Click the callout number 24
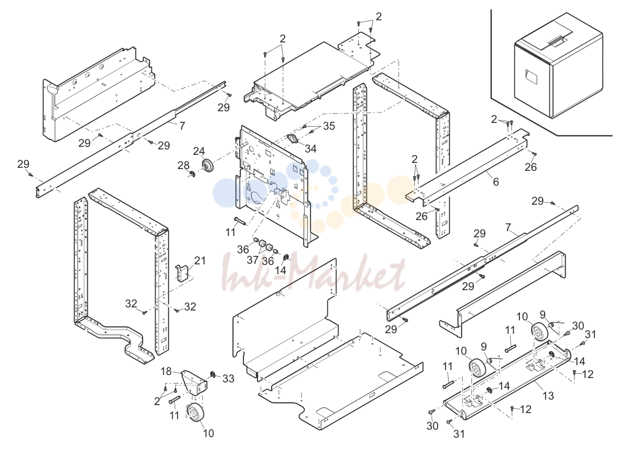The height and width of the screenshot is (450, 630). click(x=199, y=151)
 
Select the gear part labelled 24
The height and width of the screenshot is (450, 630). click(x=208, y=165)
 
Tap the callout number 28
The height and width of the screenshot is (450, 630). click(x=184, y=165)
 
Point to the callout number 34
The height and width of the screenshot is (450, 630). click(x=310, y=149)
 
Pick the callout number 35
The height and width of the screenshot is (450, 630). click(x=329, y=126)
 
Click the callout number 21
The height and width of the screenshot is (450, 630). click(x=200, y=261)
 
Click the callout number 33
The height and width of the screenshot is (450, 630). click(x=228, y=379)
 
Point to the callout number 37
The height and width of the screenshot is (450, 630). click(x=253, y=260)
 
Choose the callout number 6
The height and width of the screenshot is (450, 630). click(x=496, y=181)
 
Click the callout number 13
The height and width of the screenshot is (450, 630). click(x=548, y=395)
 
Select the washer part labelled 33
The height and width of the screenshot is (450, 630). click(x=211, y=375)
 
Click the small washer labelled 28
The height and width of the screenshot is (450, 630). click(x=193, y=173)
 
